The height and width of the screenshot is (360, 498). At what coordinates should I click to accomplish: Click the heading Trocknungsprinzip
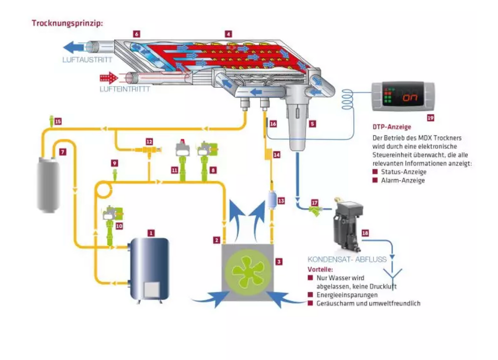67,23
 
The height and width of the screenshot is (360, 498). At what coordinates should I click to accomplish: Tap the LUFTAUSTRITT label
88,60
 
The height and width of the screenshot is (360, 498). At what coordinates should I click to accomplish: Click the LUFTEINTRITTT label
125,89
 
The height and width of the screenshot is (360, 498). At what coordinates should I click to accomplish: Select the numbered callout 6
137,34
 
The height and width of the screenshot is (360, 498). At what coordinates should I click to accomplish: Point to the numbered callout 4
229,34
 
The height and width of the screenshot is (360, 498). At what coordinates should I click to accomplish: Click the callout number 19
430,118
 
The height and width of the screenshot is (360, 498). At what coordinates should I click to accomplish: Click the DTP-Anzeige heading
391,127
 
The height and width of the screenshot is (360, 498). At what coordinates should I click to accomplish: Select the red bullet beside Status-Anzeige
375,172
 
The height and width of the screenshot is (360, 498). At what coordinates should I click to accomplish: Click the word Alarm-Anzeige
403,180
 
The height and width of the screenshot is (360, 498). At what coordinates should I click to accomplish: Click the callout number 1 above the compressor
151,233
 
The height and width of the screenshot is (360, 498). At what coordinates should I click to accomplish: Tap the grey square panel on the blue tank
152,289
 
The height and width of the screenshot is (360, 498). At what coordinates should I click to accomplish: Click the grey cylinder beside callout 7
49,184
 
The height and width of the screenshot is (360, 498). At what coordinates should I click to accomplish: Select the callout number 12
149,142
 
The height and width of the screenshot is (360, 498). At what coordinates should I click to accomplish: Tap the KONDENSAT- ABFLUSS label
347,259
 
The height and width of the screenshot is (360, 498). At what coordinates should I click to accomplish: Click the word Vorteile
320,270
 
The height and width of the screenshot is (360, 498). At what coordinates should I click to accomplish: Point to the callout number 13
281,201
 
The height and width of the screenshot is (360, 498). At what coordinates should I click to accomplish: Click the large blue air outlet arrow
74,47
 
